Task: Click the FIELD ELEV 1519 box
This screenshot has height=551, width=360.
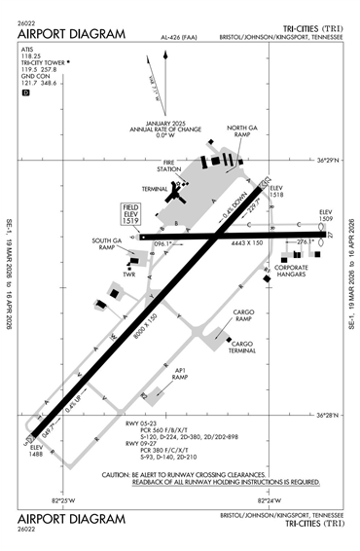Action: [x=130, y=215]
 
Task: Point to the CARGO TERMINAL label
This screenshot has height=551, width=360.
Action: [x=242, y=347]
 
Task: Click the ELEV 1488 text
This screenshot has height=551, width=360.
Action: [x=35, y=450]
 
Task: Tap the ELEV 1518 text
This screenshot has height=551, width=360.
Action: [x=275, y=191]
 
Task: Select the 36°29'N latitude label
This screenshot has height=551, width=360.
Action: [x=332, y=161]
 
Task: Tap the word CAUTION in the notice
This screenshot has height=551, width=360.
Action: [x=123, y=474]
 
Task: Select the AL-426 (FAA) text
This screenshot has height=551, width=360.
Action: [x=174, y=39]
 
